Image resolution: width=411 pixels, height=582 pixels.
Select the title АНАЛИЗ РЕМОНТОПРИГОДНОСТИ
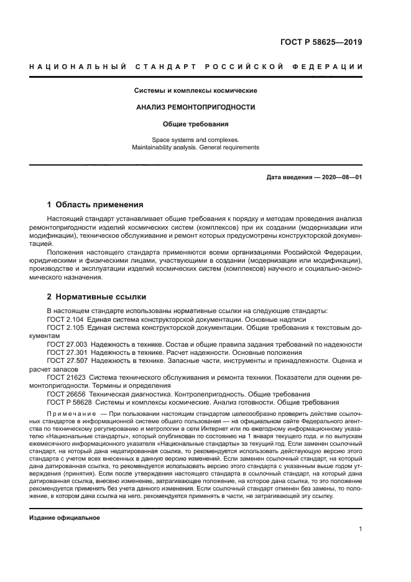tap(196, 107)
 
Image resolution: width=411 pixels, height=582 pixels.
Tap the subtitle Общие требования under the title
tap(196, 124)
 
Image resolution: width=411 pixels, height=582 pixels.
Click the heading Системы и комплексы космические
tap(196, 91)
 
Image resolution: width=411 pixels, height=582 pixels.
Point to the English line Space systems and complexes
tap(195, 140)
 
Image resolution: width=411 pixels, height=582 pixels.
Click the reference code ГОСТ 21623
tap(66, 377)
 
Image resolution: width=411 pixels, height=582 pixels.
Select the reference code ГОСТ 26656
tap(66, 394)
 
